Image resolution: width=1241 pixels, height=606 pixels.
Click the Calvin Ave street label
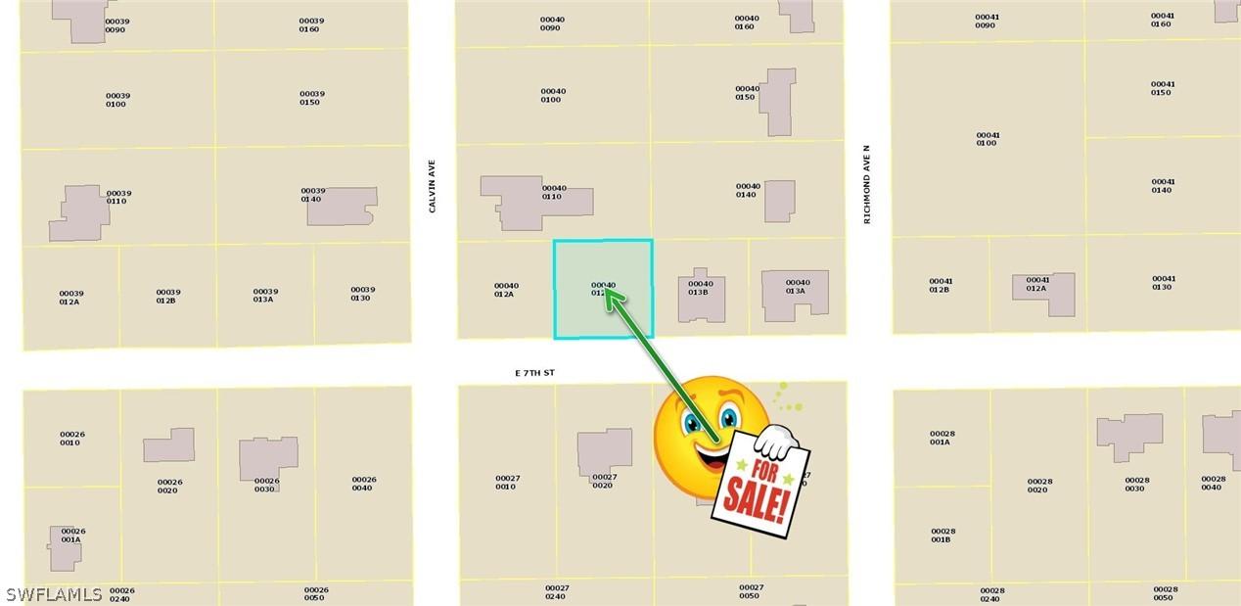(x=432, y=187)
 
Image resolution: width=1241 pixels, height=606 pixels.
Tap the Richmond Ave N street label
(x=866, y=185)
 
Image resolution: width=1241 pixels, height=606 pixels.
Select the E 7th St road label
(x=534, y=373)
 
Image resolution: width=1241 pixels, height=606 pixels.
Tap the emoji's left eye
(x=694, y=422)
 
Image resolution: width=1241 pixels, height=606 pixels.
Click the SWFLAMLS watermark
(x=54, y=594)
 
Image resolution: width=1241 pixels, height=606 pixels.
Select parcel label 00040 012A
(x=506, y=290)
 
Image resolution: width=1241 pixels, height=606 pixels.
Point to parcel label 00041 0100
(x=988, y=139)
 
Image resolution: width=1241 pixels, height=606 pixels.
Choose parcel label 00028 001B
(x=942, y=536)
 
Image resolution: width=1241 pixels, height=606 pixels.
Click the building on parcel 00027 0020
(x=604, y=453)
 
